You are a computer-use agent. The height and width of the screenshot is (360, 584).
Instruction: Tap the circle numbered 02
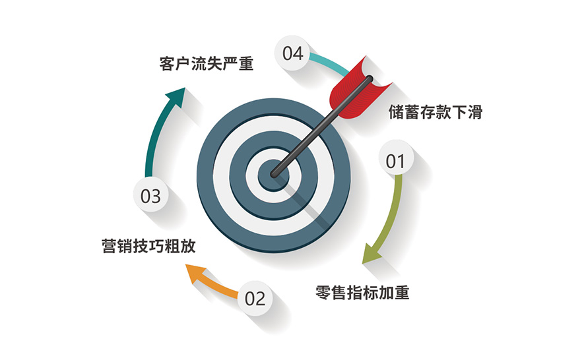tap(255, 298)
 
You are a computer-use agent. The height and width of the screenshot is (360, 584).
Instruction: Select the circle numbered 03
tap(150, 195)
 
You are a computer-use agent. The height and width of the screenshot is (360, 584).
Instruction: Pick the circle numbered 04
tap(292, 53)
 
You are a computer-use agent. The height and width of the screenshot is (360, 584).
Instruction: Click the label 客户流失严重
tap(207, 64)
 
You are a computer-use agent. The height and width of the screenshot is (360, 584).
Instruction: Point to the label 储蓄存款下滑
tap(436, 111)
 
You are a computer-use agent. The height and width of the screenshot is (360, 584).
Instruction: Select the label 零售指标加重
tap(362, 292)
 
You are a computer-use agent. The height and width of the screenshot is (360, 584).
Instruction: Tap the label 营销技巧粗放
tap(148, 246)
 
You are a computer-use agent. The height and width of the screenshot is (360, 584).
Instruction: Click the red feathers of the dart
tap(358, 90)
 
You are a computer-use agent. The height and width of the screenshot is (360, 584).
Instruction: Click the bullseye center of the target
tap(274, 175)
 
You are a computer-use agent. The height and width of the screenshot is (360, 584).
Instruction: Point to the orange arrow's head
tap(195, 274)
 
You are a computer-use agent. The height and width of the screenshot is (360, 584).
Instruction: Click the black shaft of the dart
tap(321, 126)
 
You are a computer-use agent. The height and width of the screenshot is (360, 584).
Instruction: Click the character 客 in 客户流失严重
tap(167, 64)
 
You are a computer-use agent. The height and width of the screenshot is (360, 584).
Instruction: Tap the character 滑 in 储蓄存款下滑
tap(475, 111)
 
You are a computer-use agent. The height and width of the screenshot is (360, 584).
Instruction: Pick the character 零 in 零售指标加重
tap(323, 292)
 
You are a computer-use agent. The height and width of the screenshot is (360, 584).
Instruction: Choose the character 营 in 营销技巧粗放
tap(109, 246)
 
